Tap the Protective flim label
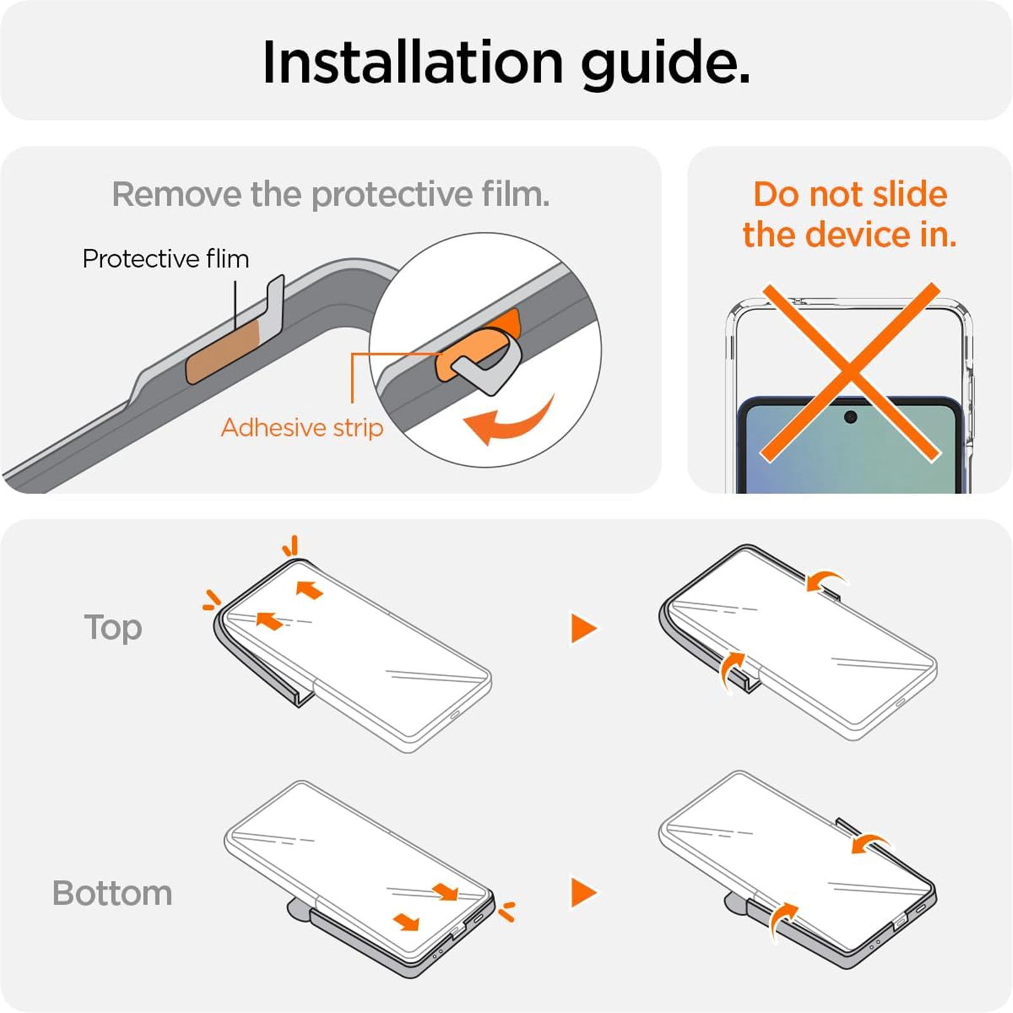coord(166,259)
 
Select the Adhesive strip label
coord(302,428)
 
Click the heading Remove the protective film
coord(331,194)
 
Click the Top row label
coord(113,628)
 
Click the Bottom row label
coord(112,893)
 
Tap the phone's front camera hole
coord(850,417)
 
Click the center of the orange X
coord(850,372)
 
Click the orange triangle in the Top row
coord(583,628)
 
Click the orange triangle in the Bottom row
coord(583,893)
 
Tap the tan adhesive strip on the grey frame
coord(223,351)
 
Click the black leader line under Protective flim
coord(236,305)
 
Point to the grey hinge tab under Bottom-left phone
coord(299,909)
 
